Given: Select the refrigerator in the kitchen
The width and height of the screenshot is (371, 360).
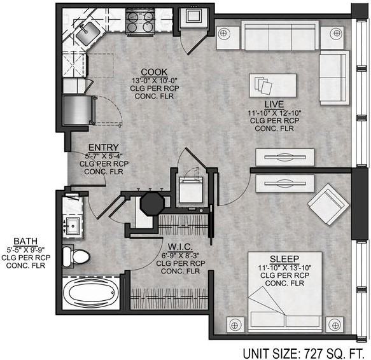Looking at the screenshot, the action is pyautogui.click(x=78, y=110).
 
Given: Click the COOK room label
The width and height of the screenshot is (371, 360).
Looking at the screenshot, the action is pyautogui.click(x=154, y=72).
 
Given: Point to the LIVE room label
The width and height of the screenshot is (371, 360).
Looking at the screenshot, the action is pyautogui.click(x=274, y=104).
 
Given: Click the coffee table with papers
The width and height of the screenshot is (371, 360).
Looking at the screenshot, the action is pyautogui.click(x=272, y=85).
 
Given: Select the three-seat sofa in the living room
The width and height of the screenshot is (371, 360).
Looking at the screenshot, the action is pyautogui.click(x=280, y=36).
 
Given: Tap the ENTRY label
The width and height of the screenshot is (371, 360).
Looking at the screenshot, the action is pyautogui.click(x=104, y=148).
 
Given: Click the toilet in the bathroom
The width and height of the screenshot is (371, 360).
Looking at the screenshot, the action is pyautogui.click(x=76, y=257).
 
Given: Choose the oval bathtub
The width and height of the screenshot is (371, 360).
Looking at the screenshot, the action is pyautogui.click(x=91, y=293).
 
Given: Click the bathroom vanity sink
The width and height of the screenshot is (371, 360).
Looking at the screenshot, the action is pyautogui.click(x=73, y=226).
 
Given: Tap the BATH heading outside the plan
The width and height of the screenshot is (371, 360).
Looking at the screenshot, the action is pyautogui.click(x=25, y=241).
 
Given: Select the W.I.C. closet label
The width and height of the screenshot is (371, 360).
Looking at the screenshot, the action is pyautogui.click(x=180, y=247).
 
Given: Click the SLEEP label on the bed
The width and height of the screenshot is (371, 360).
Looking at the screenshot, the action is pyautogui.click(x=284, y=259).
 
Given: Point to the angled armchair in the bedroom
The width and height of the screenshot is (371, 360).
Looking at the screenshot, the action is pyautogui.click(x=328, y=204).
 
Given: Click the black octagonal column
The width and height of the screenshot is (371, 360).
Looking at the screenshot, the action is pyautogui.click(x=152, y=204).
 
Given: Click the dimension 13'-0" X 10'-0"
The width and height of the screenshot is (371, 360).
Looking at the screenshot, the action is pyautogui.click(x=155, y=80).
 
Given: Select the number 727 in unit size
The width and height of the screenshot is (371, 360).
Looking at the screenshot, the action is pyautogui.click(x=313, y=354).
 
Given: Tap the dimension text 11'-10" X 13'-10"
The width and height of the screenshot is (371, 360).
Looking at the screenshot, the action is pyautogui.click(x=284, y=268).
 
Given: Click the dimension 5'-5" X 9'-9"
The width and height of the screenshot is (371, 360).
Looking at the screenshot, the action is pyautogui.click(x=26, y=249).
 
